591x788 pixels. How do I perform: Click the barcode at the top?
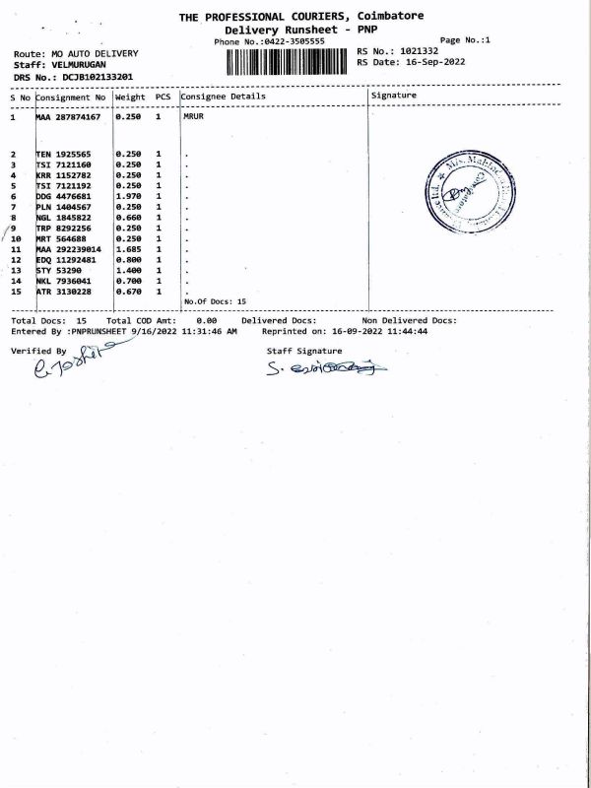(x=288, y=61)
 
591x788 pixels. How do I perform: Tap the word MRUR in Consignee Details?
(x=193, y=117)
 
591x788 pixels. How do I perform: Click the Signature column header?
(x=392, y=96)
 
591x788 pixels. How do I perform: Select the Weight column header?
(x=130, y=98)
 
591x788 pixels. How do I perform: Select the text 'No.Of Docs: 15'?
(x=215, y=301)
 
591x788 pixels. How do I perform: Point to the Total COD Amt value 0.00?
(x=206, y=321)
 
